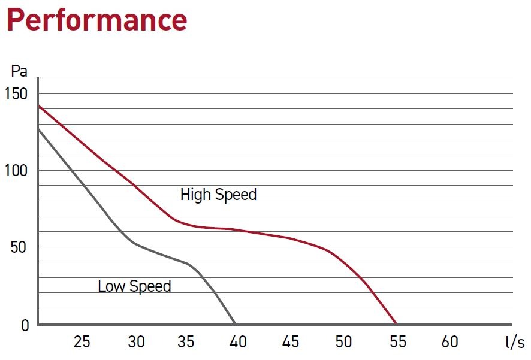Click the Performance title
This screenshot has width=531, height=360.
pyautogui.click(x=96, y=20)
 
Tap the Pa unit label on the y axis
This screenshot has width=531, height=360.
pyautogui.click(x=19, y=71)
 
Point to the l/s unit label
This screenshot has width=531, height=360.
pyautogui.click(x=514, y=343)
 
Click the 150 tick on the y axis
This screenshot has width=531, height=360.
pyautogui.click(x=16, y=93)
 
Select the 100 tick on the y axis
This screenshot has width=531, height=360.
pyautogui.click(x=16, y=170)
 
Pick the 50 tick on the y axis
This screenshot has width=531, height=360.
pyautogui.click(x=19, y=247)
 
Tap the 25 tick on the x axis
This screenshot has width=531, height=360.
pyautogui.click(x=82, y=342)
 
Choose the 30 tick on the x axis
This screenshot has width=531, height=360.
pyautogui.click(x=136, y=342)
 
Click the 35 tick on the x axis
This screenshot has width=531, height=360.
pyautogui.click(x=186, y=342)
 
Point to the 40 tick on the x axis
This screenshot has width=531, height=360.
pyautogui.click(x=239, y=342)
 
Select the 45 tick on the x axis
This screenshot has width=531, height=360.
pyautogui.click(x=291, y=342)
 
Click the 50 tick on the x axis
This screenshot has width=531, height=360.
pyautogui.click(x=343, y=342)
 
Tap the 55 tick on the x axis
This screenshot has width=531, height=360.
pyautogui.click(x=397, y=342)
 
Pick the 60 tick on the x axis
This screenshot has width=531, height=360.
pyautogui.click(x=449, y=342)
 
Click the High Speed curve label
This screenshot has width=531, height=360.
pyautogui.click(x=218, y=195)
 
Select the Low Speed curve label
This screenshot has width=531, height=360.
pyautogui.click(x=134, y=286)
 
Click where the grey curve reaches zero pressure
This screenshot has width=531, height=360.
pyautogui.click(x=236, y=325)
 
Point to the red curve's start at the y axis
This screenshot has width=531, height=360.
pyautogui.click(x=38, y=106)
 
